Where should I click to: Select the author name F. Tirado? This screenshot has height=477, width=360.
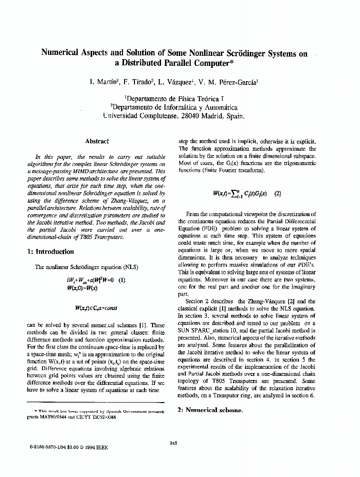(x=138, y=82)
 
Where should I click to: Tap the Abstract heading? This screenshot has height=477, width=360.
(x=97, y=141)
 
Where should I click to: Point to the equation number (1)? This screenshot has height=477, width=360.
(x=122, y=280)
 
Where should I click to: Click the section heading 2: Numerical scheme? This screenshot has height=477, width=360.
(x=210, y=410)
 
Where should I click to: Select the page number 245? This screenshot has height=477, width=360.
(x=174, y=443)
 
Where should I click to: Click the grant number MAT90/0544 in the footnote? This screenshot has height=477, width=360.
(x=58, y=416)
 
